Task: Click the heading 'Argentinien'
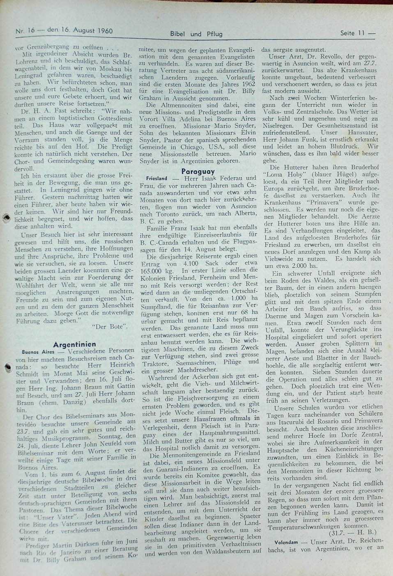75,344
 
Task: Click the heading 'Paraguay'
198,171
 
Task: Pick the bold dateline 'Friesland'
156,179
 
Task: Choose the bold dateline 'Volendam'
288,542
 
